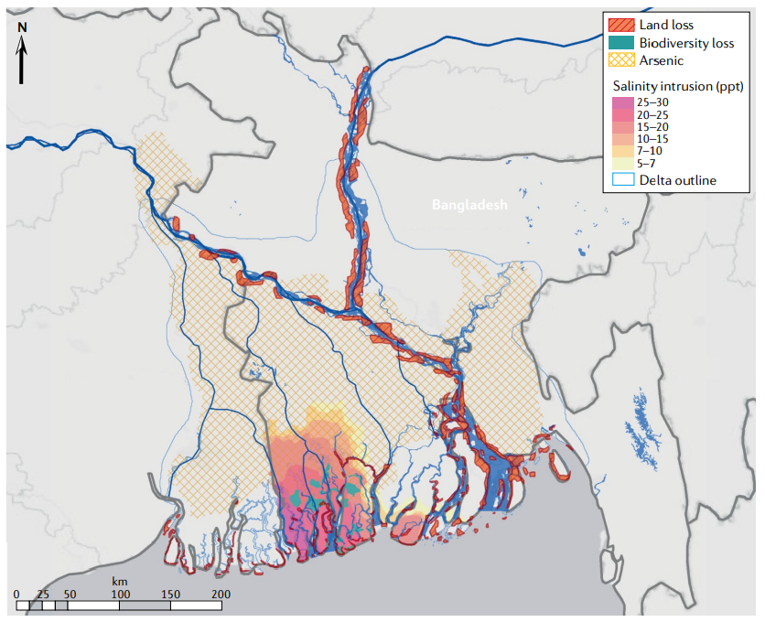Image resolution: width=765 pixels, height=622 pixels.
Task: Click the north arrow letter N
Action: pyautogui.click(x=23, y=28)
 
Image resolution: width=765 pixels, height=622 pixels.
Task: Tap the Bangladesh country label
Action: pyautogui.click(x=469, y=206)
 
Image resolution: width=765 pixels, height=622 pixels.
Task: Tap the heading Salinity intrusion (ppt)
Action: pyautogui.click(x=676, y=85)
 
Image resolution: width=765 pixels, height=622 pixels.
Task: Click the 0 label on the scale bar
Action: pyautogui.click(x=16, y=595)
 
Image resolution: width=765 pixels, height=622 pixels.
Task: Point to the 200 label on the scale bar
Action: pyautogui.click(x=221, y=595)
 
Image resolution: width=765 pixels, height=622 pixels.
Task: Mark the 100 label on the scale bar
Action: pyautogui.click(x=119, y=595)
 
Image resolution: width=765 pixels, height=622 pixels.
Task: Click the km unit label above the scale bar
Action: pyautogui.click(x=119, y=582)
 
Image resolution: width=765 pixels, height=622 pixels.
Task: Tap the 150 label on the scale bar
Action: pyautogui.click(x=170, y=595)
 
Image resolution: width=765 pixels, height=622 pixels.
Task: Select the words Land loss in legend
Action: pyautogui.click(x=667, y=25)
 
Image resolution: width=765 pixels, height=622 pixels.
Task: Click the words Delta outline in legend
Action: pyautogui.click(x=678, y=180)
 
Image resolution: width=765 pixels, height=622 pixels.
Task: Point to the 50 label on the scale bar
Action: pyautogui.click(x=68, y=595)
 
